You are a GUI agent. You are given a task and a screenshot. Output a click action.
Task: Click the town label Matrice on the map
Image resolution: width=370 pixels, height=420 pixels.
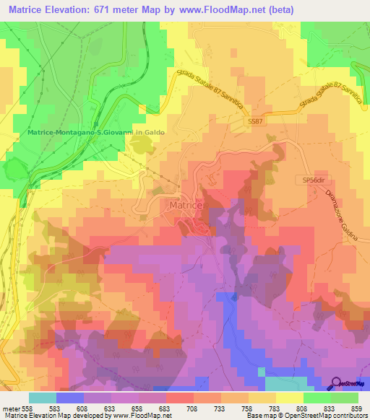(x=186, y=206)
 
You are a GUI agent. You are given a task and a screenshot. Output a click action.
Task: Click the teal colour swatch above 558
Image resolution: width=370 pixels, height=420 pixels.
(x=42, y=398)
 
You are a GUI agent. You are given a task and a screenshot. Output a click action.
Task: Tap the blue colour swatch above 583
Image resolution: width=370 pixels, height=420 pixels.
(x=69, y=398)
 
